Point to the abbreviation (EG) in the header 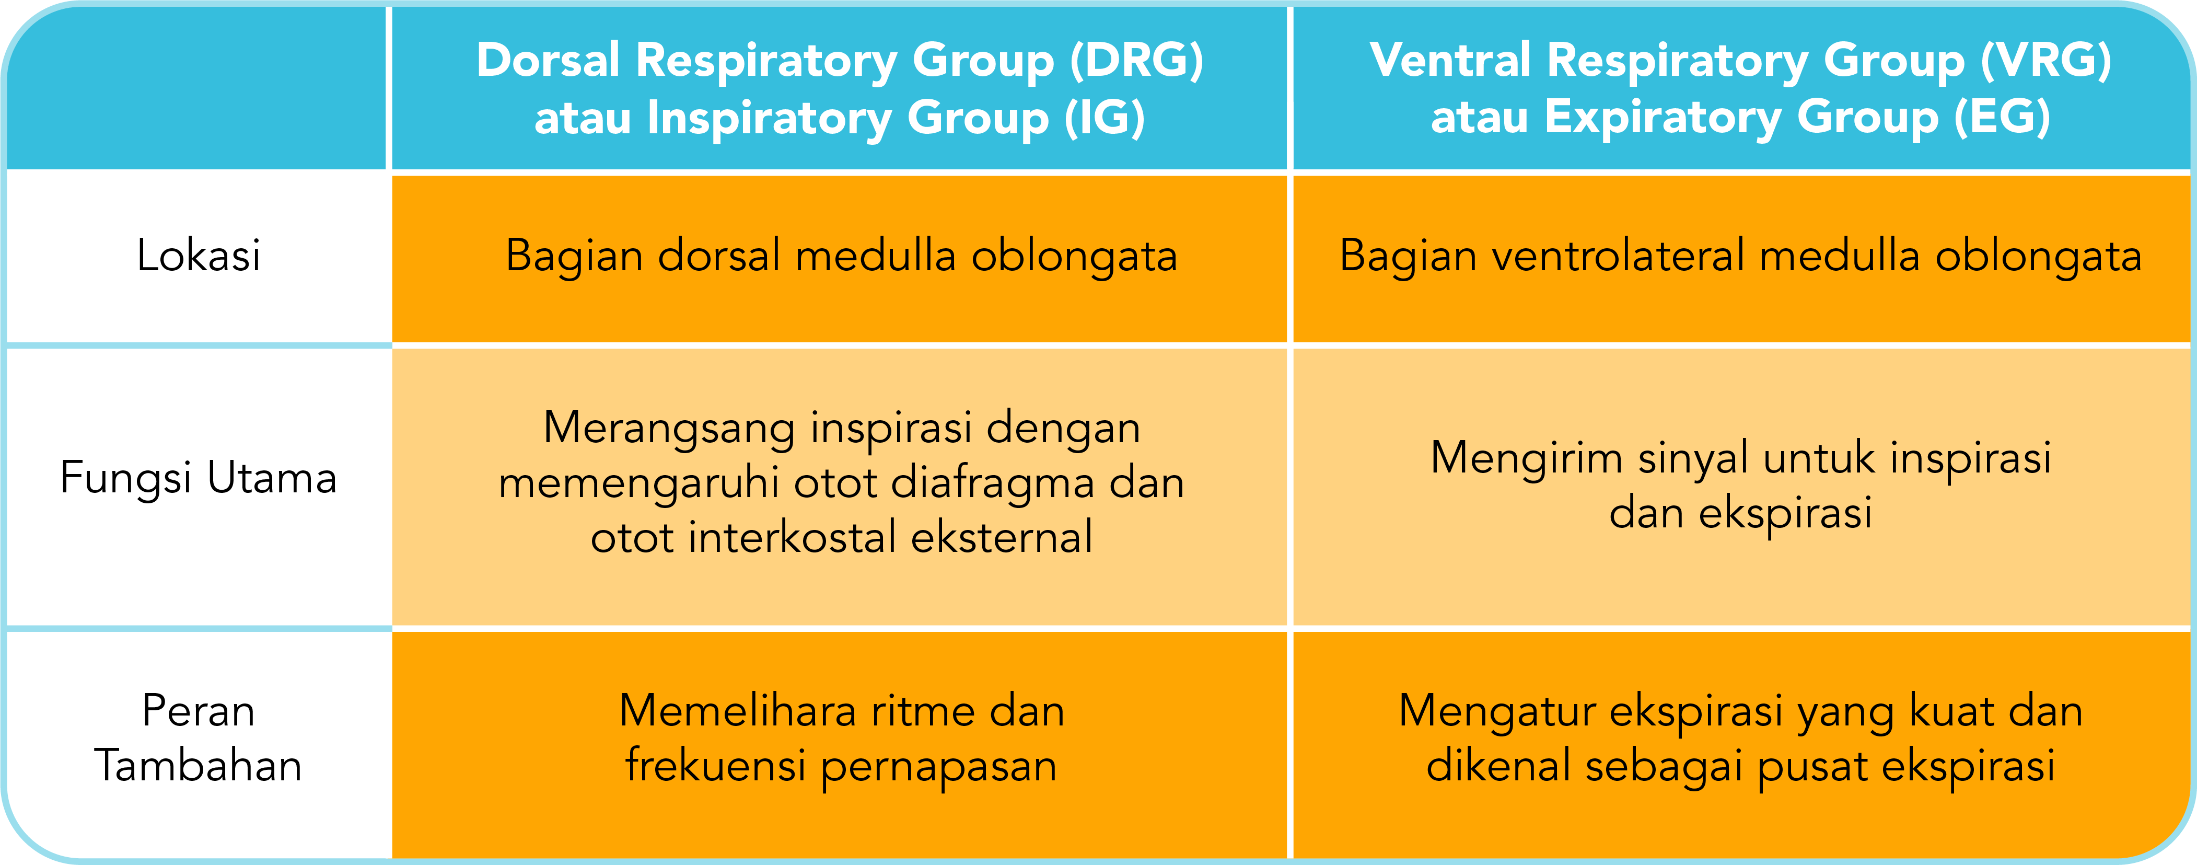pos(2003,118)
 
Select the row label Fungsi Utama pos(198,478)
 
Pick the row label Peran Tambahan pos(198,738)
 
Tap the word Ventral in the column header pos(1450,62)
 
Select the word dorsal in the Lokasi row pos(719,256)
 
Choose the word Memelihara pos(738,711)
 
